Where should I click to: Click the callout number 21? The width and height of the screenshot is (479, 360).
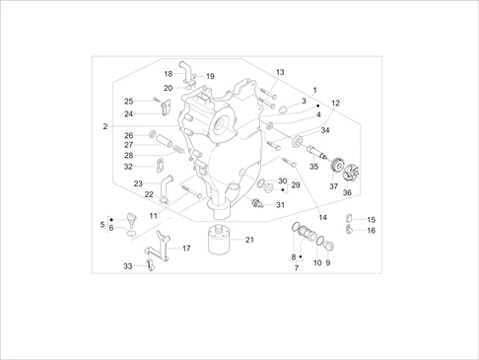[x=249, y=240]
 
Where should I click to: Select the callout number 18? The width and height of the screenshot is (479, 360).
[x=168, y=73]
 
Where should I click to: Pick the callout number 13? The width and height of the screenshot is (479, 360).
[x=280, y=72]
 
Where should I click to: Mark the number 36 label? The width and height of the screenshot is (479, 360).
[x=347, y=193]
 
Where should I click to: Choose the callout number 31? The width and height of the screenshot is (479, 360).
[x=280, y=205]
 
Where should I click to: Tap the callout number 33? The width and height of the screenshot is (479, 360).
[x=127, y=266]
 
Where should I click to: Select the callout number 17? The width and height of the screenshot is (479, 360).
[x=186, y=249]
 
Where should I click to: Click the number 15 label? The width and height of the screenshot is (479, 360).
[x=371, y=219]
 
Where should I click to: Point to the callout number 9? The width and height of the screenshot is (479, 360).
[x=328, y=263]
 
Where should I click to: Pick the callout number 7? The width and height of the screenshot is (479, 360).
[x=294, y=267]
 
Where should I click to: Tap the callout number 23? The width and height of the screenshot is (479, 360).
[x=139, y=183]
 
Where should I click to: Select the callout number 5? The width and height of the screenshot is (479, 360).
[x=102, y=225]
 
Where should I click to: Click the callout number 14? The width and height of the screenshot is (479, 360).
[x=321, y=217]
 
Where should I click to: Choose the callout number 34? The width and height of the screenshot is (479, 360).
[x=326, y=130]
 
